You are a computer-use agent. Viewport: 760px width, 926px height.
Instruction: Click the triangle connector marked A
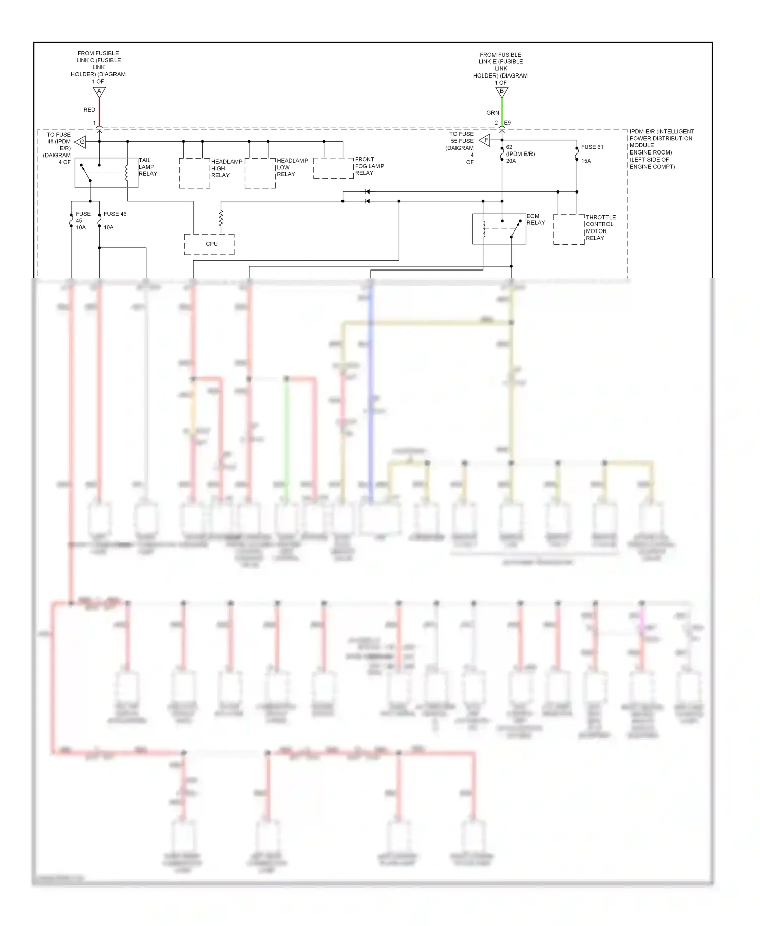[99, 92]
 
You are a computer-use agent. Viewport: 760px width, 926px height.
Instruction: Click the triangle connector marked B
[502, 92]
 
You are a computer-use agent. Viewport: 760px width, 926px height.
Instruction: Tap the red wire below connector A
[99, 111]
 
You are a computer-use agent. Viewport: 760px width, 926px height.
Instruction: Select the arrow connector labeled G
[81, 142]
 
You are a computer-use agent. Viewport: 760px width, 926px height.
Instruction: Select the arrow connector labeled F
[485, 140]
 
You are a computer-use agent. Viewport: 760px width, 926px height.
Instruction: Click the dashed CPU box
[209, 244]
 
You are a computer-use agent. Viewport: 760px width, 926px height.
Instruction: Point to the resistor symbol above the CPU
[221, 219]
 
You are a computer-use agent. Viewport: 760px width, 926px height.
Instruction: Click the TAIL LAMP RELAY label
[147, 167]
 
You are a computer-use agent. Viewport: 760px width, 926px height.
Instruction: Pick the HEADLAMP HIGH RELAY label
[226, 168]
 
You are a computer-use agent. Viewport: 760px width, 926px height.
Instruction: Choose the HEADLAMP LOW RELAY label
[292, 167]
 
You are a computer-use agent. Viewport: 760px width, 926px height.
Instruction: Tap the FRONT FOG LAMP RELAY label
[369, 166]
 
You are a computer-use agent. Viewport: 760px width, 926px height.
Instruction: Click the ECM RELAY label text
[535, 219]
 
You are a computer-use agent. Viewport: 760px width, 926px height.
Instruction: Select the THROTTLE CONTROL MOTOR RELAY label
[600, 227]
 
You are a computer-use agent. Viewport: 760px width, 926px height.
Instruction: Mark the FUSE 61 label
[592, 147]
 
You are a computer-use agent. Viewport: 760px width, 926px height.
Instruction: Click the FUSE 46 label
[115, 214]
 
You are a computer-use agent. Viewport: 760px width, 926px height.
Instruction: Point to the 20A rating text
[511, 161]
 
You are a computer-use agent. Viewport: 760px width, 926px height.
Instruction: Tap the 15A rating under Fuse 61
[586, 161]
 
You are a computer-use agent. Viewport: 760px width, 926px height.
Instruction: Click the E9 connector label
[507, 123]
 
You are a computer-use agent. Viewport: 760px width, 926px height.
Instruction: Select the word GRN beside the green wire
[492, 113]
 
